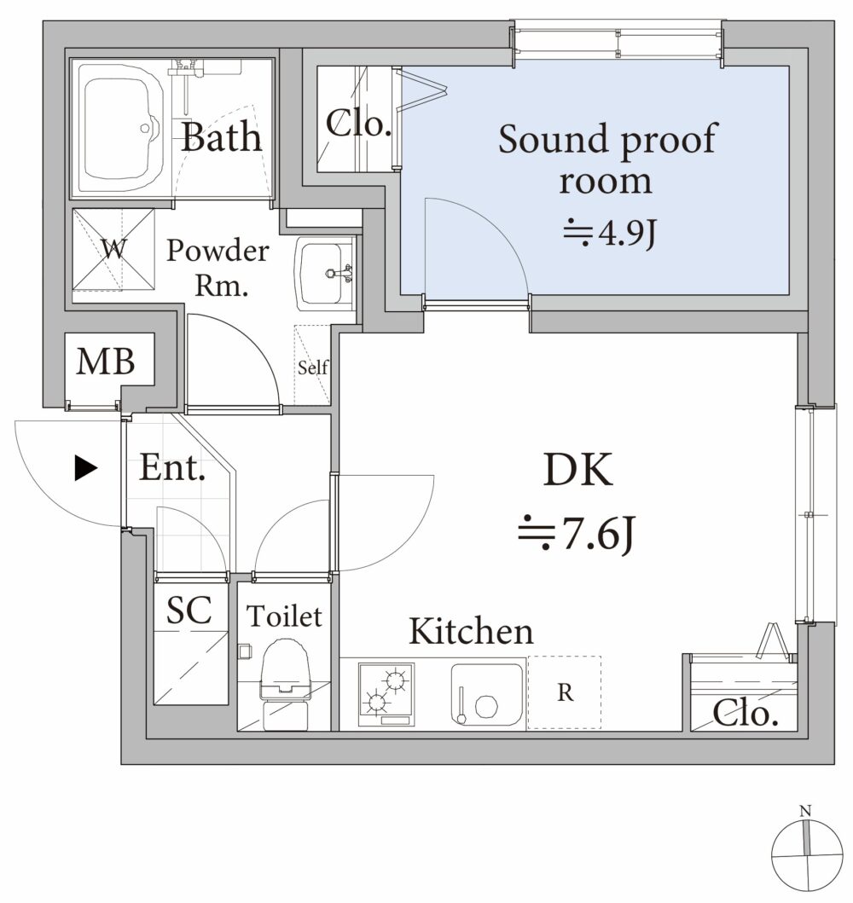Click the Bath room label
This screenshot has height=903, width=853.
(x=221, y=137)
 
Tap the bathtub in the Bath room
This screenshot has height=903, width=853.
(x=121, y=128)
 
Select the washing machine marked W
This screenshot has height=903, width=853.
(x=114, y=250)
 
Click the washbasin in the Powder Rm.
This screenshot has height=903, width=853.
(x=323, y=274)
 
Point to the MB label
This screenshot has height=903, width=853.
(x=106, y=362)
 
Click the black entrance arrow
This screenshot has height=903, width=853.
(x=86, y=468)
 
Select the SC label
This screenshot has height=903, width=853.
(x=189, y=610)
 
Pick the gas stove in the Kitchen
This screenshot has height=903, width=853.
(x=386, y=694)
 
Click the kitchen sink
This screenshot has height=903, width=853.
(x=487, y=694)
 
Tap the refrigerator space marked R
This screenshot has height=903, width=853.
(x=565, y=692)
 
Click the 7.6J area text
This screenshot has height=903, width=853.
(x=577, y=534)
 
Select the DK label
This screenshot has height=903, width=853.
(x=577, y=470)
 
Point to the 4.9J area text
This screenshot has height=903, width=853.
(x=610, y=233)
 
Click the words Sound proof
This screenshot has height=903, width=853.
(x=607, y=139)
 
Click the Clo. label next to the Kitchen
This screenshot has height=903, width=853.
(x=746, y=714)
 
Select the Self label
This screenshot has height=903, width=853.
(x=313, y=367)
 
